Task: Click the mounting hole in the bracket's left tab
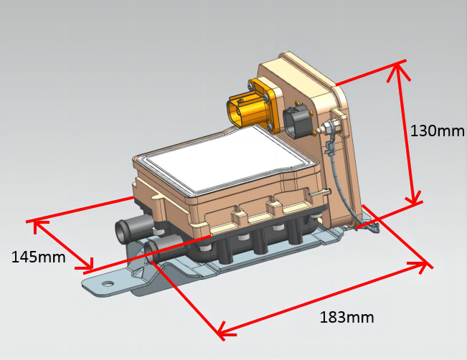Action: point(108,284)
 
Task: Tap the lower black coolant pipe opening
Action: point(151,249)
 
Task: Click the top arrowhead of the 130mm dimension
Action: point(397,67)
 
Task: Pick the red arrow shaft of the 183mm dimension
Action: point(323,298)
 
